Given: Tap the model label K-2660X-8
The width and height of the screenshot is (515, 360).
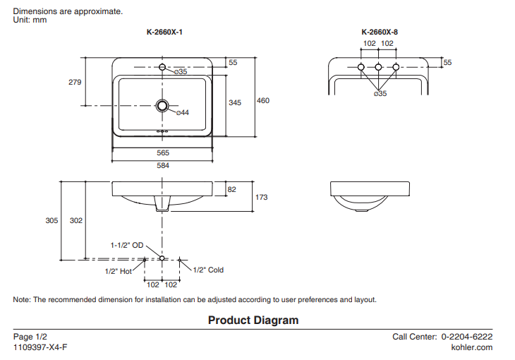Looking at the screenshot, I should click(379, 32).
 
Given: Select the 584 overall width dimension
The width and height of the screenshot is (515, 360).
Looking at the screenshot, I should click(163, 165).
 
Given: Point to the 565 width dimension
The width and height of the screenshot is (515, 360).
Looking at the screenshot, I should click(163, 152).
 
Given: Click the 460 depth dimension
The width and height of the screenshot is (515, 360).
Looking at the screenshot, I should click(262, 101).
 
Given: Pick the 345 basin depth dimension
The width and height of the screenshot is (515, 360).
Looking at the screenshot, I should click(235, 102).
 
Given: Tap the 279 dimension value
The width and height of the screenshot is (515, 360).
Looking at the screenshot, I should click(75, 82).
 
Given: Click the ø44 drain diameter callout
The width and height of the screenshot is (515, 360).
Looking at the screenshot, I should click(182, 113).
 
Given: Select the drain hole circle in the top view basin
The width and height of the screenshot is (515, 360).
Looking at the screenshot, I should click(163, 106).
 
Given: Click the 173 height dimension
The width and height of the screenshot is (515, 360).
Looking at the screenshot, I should click(261, 198).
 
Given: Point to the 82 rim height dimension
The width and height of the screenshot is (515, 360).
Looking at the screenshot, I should click(232, 188).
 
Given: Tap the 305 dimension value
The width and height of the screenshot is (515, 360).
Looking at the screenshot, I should click(51, 220).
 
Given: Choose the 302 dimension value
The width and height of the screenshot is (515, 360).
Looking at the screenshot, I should click(76, 220).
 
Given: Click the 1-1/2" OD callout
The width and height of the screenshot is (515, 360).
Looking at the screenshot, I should click(127, 245).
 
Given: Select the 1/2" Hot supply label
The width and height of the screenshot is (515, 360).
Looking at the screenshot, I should click(118, 270).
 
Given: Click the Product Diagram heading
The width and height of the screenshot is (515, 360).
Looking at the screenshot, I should click(253, 320).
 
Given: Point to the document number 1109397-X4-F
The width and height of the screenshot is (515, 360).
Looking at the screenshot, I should click(41, 347).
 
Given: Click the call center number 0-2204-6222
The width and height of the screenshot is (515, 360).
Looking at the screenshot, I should click(466, 337).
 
